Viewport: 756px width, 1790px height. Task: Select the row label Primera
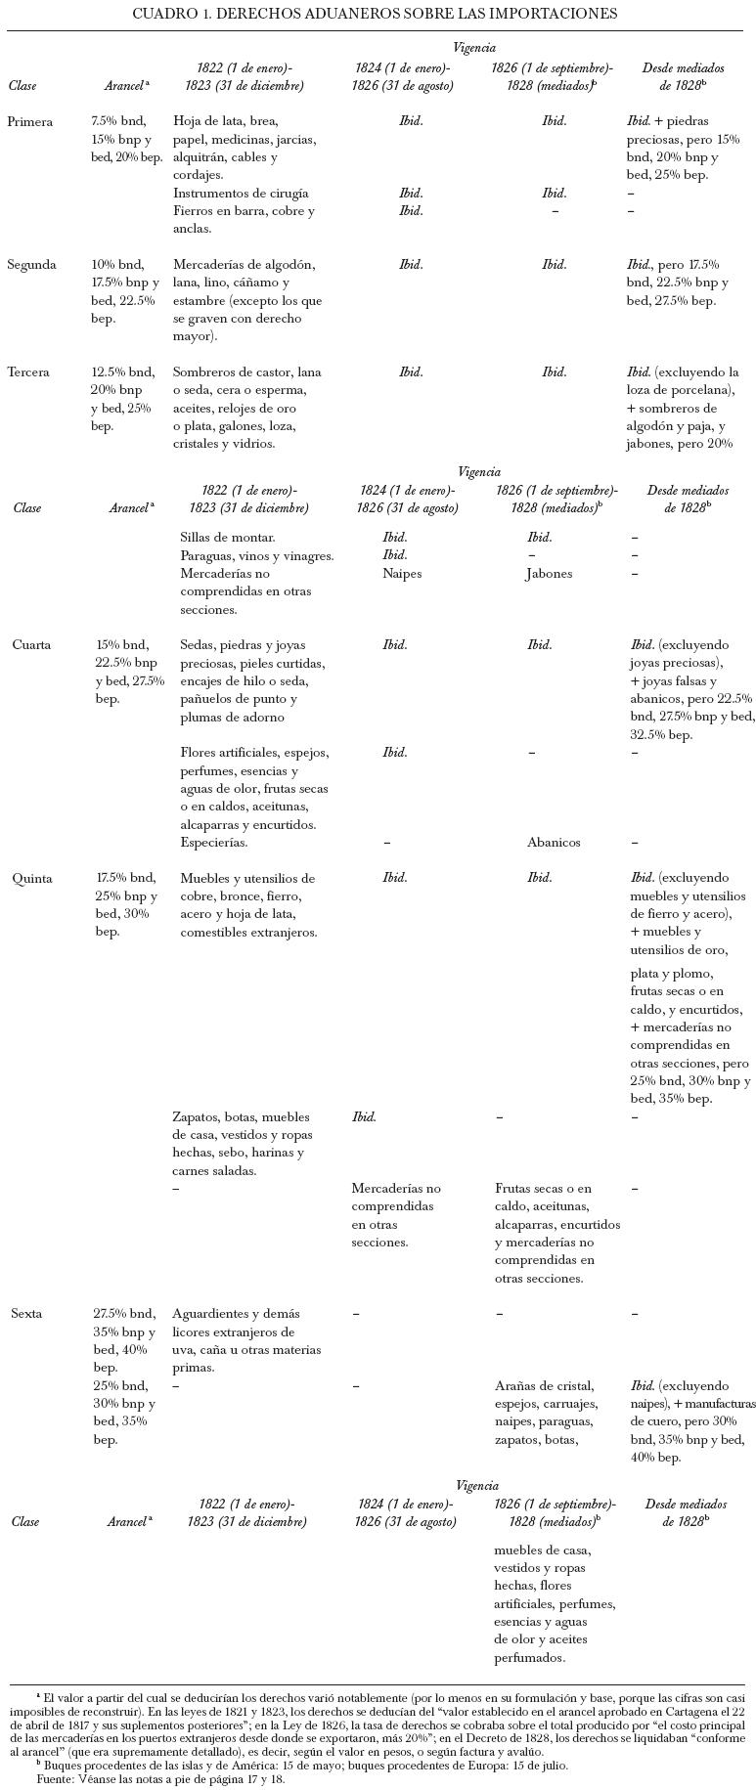[x=30, y=122]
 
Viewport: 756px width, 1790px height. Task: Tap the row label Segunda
[x=31, y=265]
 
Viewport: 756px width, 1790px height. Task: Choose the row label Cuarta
[x=31, y=645]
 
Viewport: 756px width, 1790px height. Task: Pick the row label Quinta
[x=32, y=878]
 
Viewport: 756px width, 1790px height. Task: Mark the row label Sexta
[x=27, y=1314]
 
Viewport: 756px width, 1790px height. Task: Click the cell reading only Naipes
[x=402, y=574]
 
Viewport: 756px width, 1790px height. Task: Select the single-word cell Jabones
[x=549, y=574]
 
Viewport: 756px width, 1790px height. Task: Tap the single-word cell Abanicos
[x=554, y=842]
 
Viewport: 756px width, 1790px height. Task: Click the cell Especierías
[x=214, y=842]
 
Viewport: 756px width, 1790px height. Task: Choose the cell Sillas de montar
[x=228, y=538]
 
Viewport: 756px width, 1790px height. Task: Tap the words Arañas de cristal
[x=544, y=1386]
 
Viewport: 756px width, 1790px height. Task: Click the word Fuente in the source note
[x=55, y=1780]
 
